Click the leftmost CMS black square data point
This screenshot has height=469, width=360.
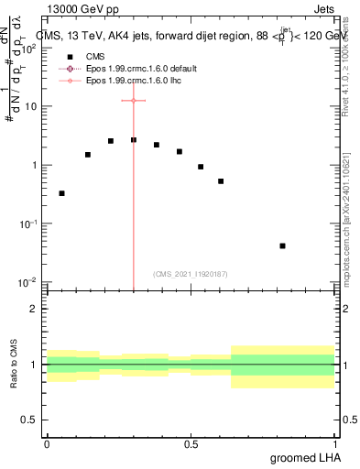click(x=61, y=193)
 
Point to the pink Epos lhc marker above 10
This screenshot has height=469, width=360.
click(x=134, y=100)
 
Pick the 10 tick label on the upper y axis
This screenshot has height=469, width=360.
click(x=31, y=106)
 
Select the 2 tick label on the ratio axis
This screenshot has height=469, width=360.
click(x=34, y=309)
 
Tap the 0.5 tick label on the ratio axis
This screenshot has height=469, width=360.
click(x=29, y=420)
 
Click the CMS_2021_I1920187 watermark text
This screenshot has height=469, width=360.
click(x=190, y=274)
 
